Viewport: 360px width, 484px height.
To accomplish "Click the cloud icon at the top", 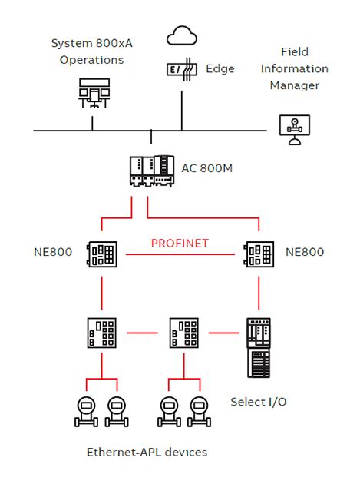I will [182, 36].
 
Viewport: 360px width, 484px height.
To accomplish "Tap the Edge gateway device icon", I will [181, 69].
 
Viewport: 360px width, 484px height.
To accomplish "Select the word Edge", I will [221, 68].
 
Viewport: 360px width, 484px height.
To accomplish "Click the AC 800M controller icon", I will [151, 170].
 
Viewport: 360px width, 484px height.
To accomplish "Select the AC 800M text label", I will [206, 167].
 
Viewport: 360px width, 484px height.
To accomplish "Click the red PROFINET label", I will [180, 244].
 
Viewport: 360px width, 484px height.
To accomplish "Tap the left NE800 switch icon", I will [102, 253].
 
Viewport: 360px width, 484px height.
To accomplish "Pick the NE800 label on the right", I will [305, 252].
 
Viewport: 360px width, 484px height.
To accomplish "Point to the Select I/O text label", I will [258, 402].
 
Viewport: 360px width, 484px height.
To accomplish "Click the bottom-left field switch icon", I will [102, 333].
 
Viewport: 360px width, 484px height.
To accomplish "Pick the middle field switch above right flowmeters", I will [182, 333].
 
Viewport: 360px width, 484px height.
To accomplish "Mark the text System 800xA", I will [91, 43].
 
